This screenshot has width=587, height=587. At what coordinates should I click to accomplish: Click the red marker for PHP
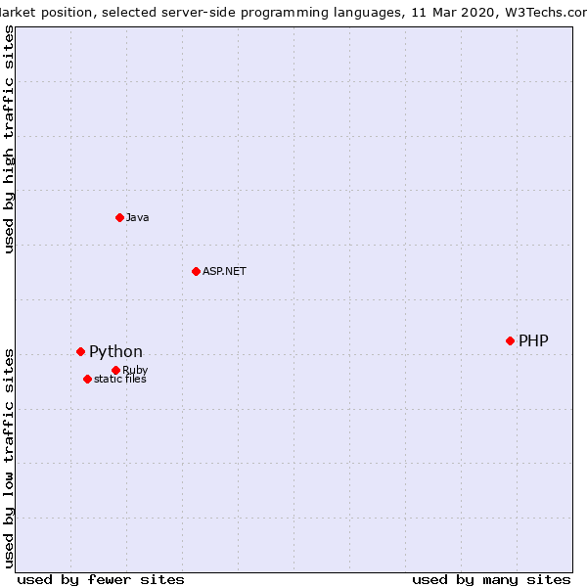click(x=510, y=340)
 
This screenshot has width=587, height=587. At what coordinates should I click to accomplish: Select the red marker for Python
click(x=80, y=351)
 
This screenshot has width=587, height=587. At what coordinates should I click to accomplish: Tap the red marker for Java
click(x=119, y=217)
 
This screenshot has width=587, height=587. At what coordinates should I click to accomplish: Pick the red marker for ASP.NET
click(x=196, y=271)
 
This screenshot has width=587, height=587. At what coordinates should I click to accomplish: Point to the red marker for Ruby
click(x=115, y=370)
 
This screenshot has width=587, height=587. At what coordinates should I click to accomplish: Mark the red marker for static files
click(x=87, y=379)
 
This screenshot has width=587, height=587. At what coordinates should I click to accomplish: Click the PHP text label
click(x=533, y=340)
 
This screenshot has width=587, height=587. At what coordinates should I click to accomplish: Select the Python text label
click(x=115, y=351)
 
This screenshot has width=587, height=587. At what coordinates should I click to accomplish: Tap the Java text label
click(x=137, y=217)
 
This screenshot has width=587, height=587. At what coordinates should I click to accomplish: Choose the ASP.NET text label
click(x=224, y=271)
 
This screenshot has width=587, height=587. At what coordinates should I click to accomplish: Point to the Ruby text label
click(x=135, y=370)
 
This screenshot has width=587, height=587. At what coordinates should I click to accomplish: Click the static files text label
click(x=120, y=379)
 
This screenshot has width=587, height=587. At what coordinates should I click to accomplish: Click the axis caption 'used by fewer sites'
click(x=101, y=580)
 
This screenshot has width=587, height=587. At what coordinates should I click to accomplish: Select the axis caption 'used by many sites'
click(x=491, y=580)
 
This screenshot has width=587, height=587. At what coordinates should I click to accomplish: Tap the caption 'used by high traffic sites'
click(x=9, y=140)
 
